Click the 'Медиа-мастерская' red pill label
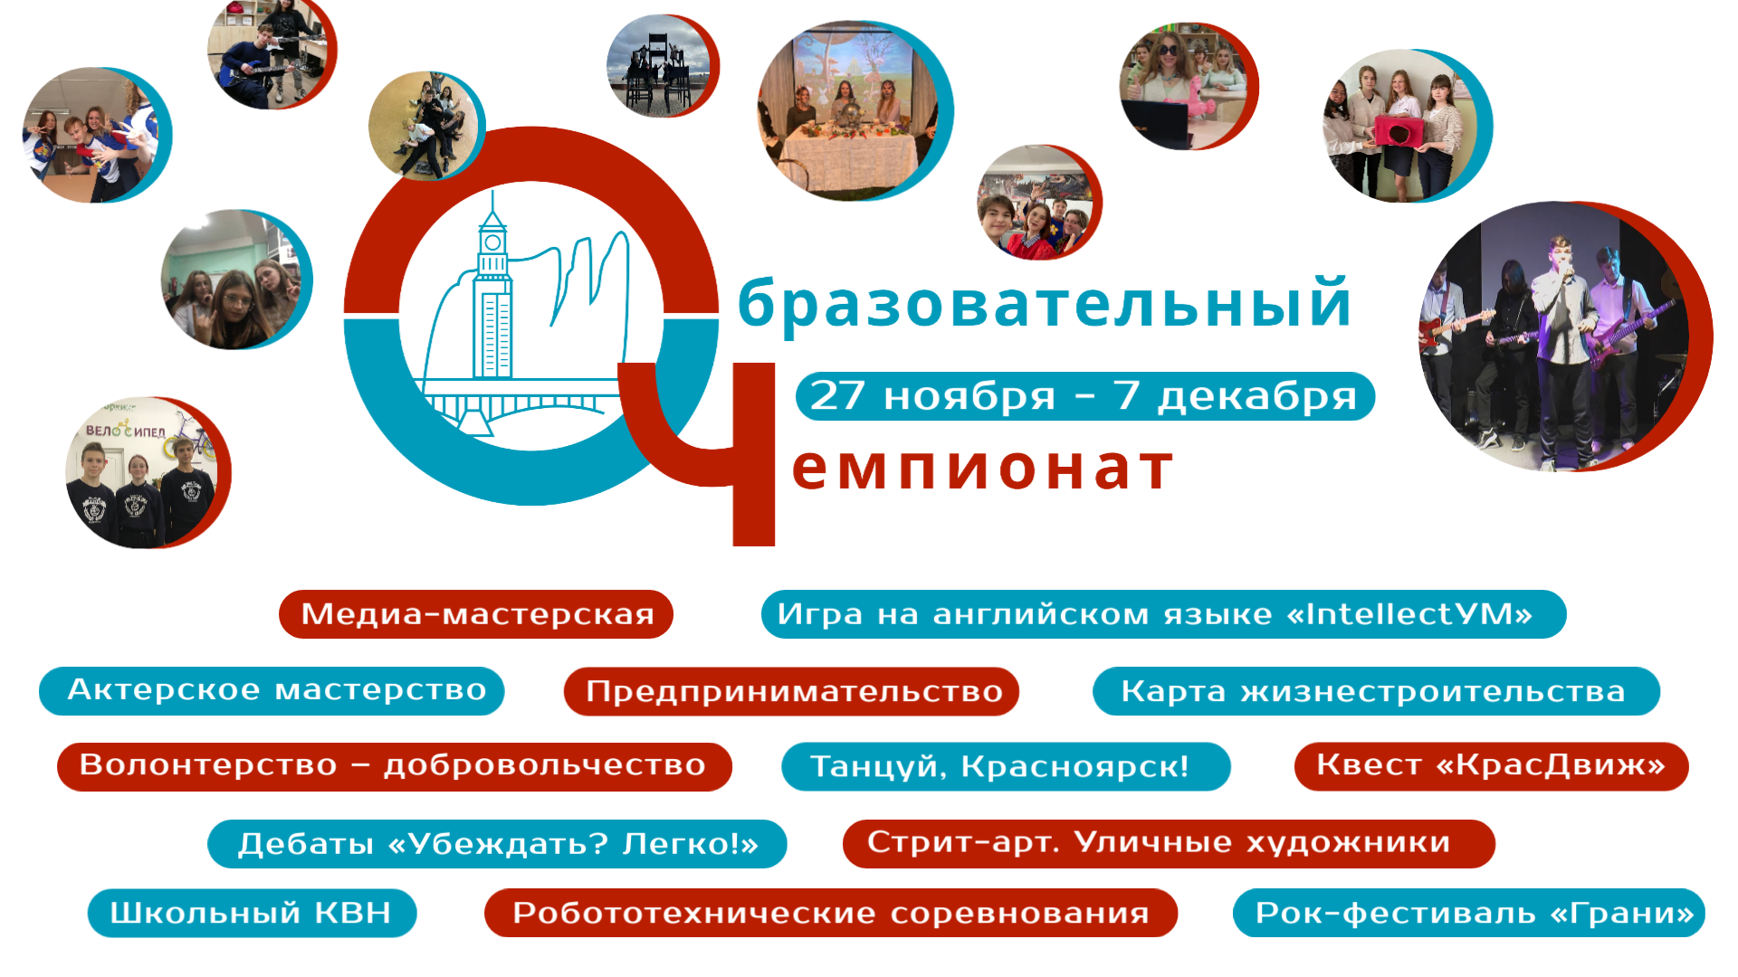click(x=476, y=614)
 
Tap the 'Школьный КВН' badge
click(x=252, y=913)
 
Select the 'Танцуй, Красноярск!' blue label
click(x=1006, y=767)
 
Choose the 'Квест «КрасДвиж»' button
click(x=1491, y=766)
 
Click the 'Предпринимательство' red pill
click(x=791, y=691)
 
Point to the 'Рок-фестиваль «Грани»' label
click(x=1468, y=913)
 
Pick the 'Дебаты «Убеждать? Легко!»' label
click(x=497, y=844)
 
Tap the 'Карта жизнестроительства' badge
click(x=1376, y=691)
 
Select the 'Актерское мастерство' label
click(x=272, y=691)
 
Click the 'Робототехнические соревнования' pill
click(x=831, y=913)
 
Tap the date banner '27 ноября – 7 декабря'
click(x=1085, y=396)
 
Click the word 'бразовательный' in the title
click(x=1046, y=303)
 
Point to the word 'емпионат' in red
click(x=983, y=468)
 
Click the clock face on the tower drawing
click(x=492, y=242)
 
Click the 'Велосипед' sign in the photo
click(x=126, y=431)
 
